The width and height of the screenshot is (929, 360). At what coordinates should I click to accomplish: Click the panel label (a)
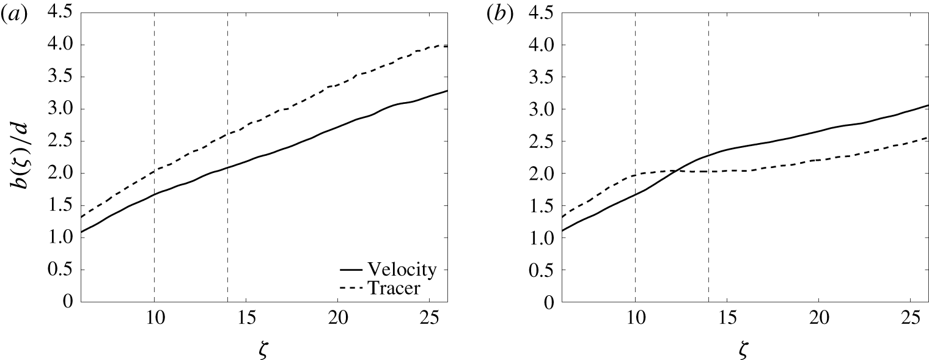point(13,16)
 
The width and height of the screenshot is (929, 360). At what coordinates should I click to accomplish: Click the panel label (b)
point(497,16)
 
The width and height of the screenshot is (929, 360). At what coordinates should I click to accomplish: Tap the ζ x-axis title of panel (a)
point(264,350)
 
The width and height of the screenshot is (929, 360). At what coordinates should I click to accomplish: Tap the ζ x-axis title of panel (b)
point(745,350)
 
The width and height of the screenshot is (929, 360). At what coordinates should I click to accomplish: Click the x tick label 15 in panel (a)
point(246,321)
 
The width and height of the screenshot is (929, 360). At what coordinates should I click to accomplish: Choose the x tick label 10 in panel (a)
point(154,321)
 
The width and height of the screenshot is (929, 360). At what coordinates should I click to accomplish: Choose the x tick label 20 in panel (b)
point(818,321)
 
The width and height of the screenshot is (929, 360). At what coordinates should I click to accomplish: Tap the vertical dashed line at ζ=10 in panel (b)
point(636,244)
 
